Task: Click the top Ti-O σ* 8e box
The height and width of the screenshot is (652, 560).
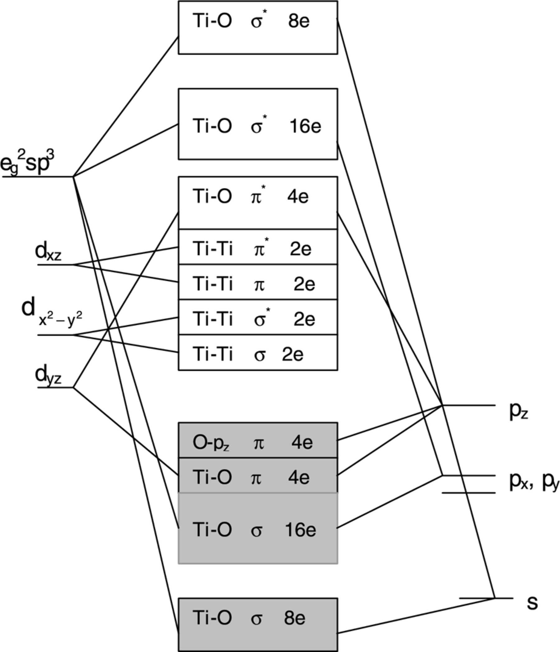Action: pos(258,27)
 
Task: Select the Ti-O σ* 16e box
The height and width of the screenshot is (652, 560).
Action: pos(258,124)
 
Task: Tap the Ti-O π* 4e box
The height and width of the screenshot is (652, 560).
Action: pos(258,203)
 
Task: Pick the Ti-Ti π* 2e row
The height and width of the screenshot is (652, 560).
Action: pos(258,247)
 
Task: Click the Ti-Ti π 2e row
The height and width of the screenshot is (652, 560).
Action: pos(258,282)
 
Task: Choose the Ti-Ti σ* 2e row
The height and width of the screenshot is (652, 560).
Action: pos(258,317)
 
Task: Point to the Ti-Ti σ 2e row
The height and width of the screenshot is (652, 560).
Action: pos(258,352)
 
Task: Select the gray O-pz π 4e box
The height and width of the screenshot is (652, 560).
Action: pos(258,440)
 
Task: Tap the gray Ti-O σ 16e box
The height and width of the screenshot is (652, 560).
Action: pos(258,528)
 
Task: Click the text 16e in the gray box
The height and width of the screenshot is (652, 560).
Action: pos(300,530)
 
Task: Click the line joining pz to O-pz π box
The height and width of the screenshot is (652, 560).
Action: pos(390,423)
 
